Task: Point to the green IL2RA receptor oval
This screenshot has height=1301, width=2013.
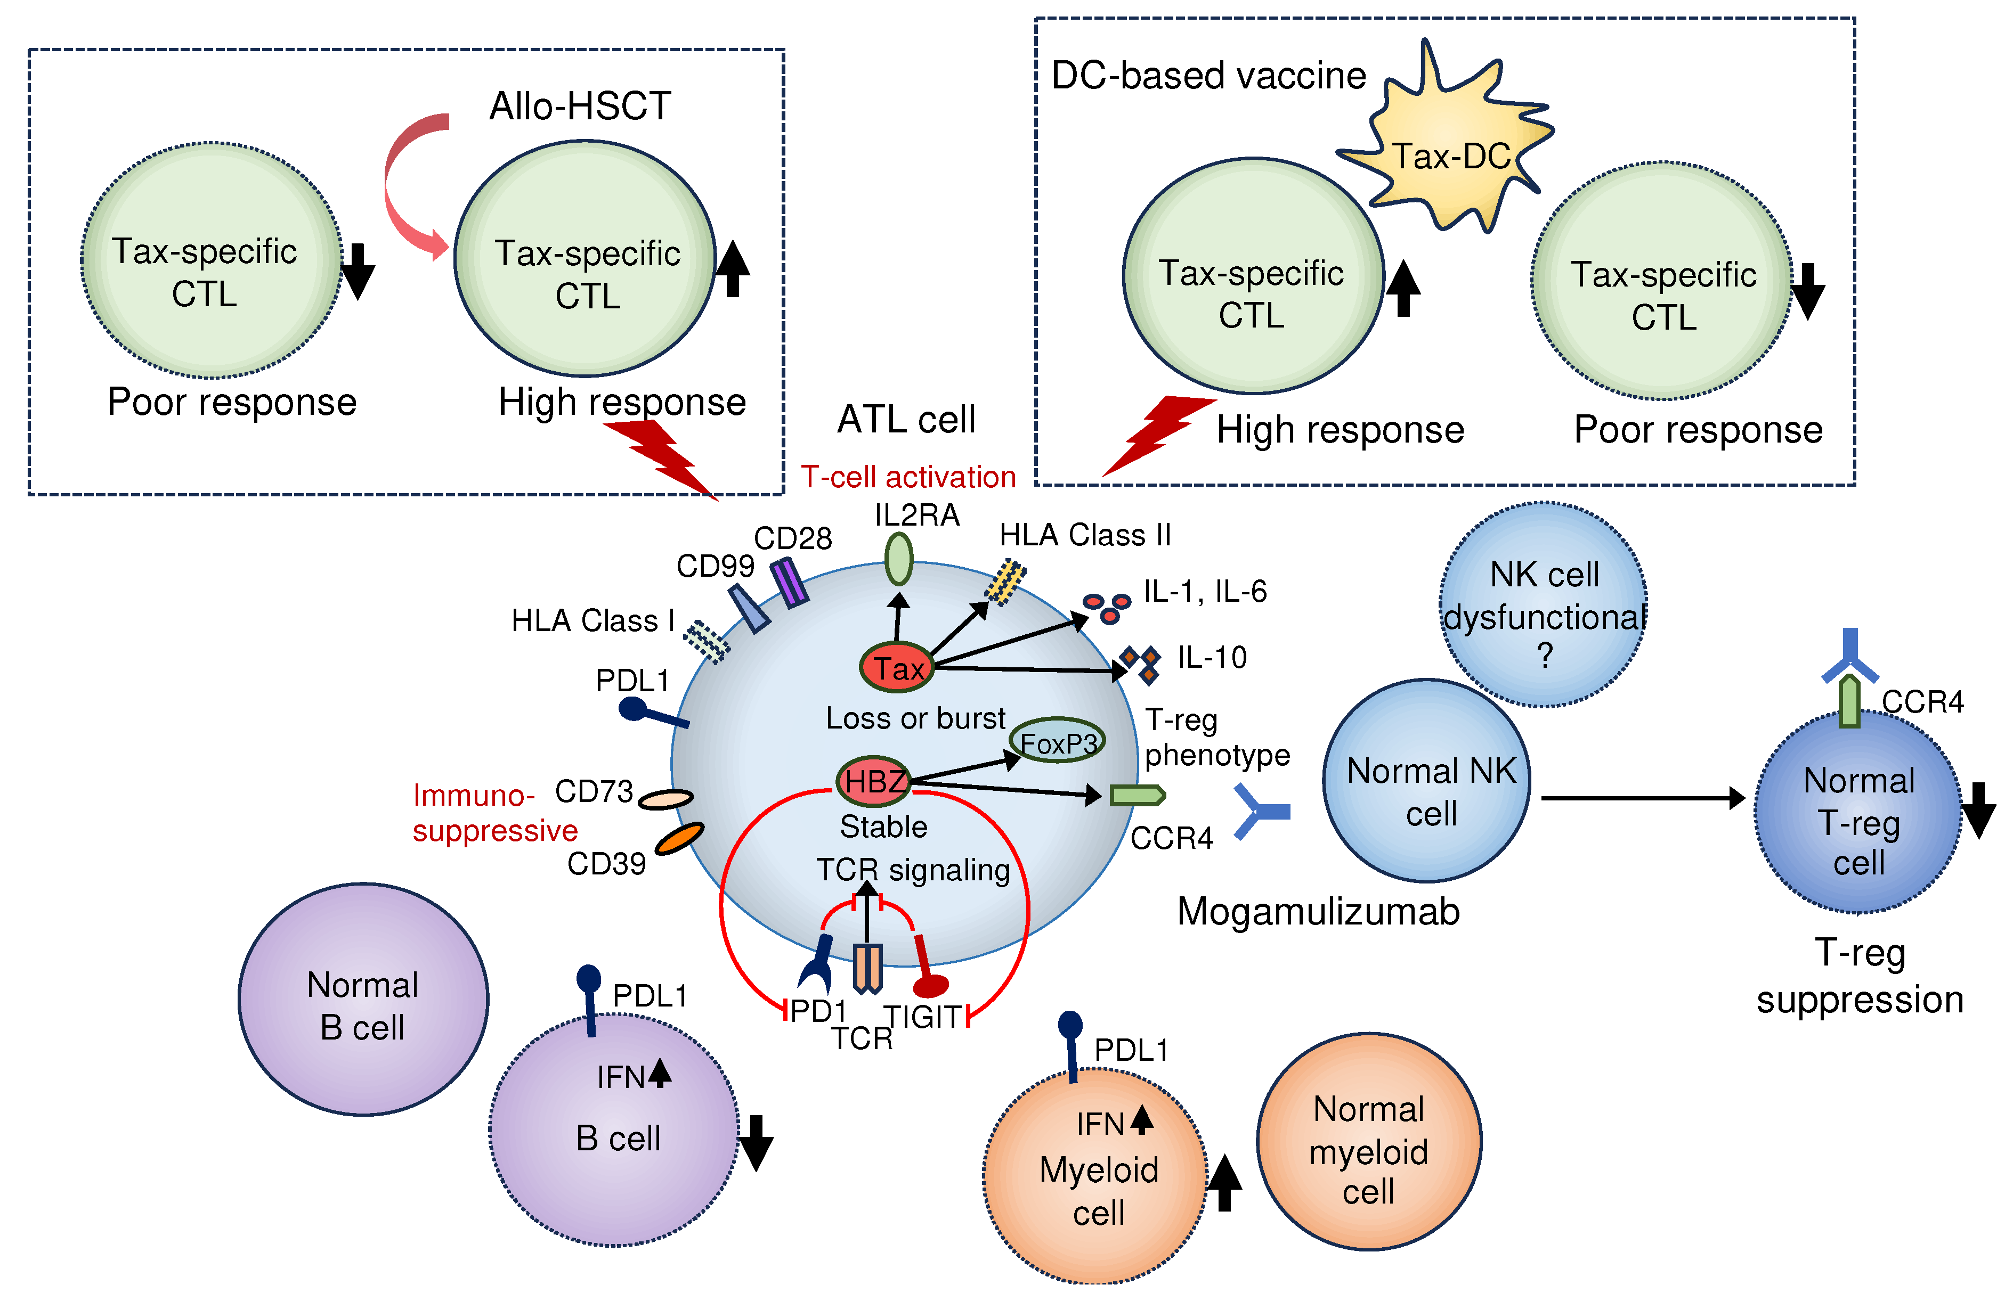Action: pos(898,559)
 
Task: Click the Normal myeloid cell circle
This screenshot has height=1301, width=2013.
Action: pos(1368,1142)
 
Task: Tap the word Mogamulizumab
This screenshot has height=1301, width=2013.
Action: pos(1318,912)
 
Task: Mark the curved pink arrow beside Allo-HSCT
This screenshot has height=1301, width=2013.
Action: pos(404,186)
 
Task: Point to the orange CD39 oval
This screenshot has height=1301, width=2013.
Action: pos(679,839)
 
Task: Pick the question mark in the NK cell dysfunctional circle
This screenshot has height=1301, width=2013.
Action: pos(1544,656)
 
